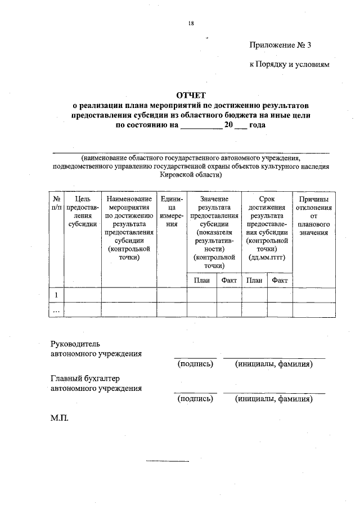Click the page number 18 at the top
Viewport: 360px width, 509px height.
tap(191, 23)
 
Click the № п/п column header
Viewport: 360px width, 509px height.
tap(56, 204)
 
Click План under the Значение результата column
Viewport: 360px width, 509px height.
tap(201, 280)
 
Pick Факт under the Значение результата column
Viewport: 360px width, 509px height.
tap(229, 280)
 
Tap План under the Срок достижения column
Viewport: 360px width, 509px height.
tap(254, 280)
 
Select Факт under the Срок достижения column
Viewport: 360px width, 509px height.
tap(279, 280)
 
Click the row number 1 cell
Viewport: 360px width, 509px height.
tap(56, 295)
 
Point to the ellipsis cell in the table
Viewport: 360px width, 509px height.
tap(56, 309)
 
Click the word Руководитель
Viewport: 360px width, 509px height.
tap(75, 343)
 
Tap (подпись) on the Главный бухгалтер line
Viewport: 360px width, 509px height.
tap(195, 399)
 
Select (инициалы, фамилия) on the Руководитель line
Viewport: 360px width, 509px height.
tap(274, 364)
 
